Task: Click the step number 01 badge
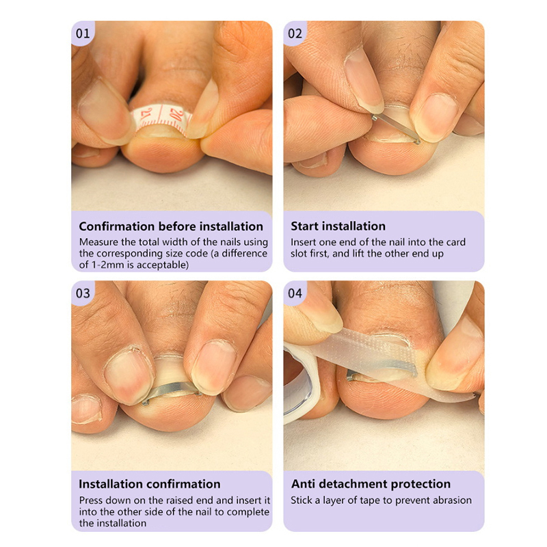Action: pyautogui.click(x=83, y=33)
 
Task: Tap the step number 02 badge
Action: pyautogui.click(x=295, y=33)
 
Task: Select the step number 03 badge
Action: pyautogui.click(x=83, y=293)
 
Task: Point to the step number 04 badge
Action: pyautogui.click(x=295, y=293)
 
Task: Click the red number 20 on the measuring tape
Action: pyautogui.click(x=177, y=114)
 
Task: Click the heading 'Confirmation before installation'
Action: pyautogui.click(x=171, y=226)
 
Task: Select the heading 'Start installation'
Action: pyautogui.click(x=338, y=226)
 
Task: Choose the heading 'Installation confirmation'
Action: pyautogui.click(x=150, y=484)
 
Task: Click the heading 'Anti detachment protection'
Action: pyautogui.click(x=371, y=484)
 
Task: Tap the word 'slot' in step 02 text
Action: pyautogui.click(x=299, y=254)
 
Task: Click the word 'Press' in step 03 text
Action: pyautogui.click(x=91, y=501)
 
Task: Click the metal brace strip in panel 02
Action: pyautogui.click(x=397, y=128)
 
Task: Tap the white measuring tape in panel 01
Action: pyautogui.click(x=161, y=116)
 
